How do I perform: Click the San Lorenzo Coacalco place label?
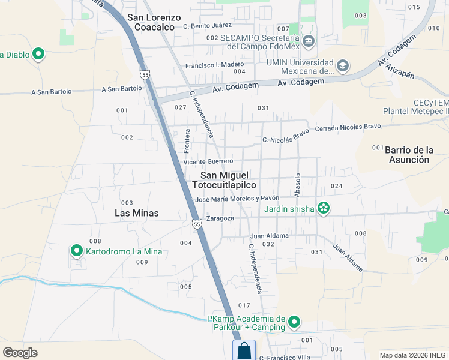tap(154, 22)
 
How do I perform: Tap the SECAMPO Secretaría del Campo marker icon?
tap(309, 41)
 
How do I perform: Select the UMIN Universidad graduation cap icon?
tap(342, 65)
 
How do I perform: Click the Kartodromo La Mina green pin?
tap(77, 251)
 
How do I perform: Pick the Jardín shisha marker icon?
tap(324, 208)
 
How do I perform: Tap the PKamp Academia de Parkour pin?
tap(294, 322)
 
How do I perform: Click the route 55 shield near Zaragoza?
tap(197, 224)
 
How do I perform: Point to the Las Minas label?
tap(137, 213)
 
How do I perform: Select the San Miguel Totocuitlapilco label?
tap(232, 180)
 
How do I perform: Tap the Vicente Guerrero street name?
tap(208, 161)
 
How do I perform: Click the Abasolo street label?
tap(297, 185)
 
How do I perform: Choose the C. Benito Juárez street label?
tap(207, 26)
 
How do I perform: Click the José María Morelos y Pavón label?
tap(237, 199)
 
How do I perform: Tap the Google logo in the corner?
tap(20, 352)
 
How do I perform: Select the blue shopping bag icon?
tap(244, 350)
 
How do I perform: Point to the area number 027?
tap(180, 107)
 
